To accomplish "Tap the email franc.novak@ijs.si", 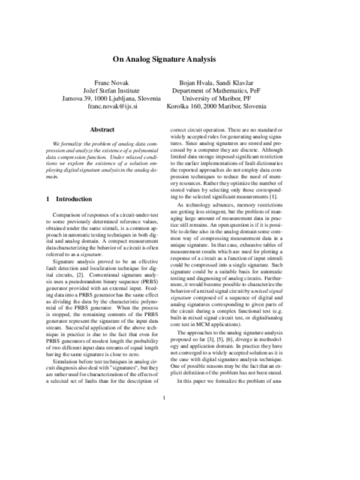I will coord(112,106).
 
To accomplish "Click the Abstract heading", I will coord(101,129).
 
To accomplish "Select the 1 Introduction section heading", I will coord(69,199).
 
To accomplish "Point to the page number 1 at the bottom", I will coord(163,447).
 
